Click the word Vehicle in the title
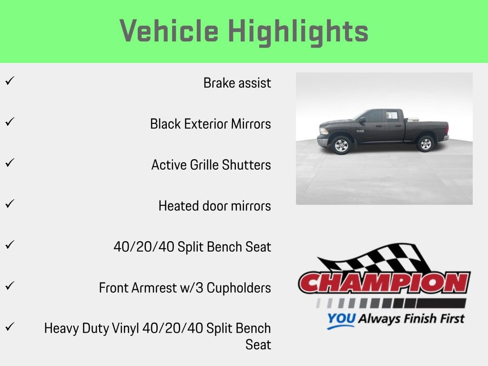(x=169, y=31)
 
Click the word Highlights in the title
(x=298, y=31)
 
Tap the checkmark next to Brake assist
(x=9, y=81)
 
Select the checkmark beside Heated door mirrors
(x=9, y=203)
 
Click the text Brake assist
(x=237, y=83)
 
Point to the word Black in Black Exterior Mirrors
(x=165, y=124)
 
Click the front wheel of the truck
(x=341, y=145)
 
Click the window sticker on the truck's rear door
(x=391, y=115)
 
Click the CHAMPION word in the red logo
(x=384, y=283)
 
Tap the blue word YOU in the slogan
(x=341, y=319)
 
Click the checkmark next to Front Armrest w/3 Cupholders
(x=9, y=285)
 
